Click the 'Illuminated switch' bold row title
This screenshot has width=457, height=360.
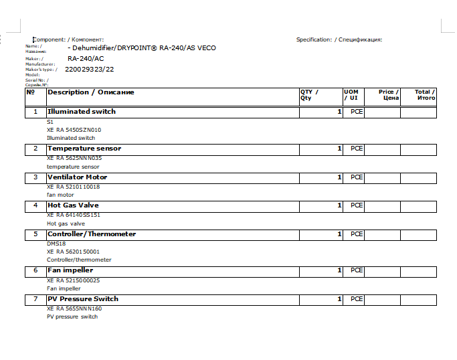point(81,112)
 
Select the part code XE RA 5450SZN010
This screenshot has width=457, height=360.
point(74,130)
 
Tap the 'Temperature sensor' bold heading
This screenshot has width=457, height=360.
point(84,149)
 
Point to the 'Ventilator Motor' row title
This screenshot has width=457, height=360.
point(77,177)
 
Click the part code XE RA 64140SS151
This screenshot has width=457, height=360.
point(73,215)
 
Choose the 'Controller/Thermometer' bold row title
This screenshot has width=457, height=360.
point(91,234)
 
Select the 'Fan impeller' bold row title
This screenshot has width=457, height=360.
point(70,270)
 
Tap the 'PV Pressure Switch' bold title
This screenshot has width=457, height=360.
point(82,299)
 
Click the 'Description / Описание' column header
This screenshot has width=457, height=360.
point(90,92)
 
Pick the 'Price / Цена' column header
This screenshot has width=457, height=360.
point(389,95)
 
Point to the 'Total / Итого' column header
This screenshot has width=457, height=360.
point(425,95)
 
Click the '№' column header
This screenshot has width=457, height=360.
point(30,92)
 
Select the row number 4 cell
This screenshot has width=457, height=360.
point(35,205)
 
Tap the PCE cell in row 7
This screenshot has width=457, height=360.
point(357,299)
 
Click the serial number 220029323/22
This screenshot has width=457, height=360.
point(89,69)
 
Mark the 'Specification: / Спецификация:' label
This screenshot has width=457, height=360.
point(339,39)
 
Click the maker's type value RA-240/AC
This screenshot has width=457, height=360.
point(86,58)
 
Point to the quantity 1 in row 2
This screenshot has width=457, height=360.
point(339,149)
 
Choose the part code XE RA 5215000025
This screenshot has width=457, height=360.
point(73,280)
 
